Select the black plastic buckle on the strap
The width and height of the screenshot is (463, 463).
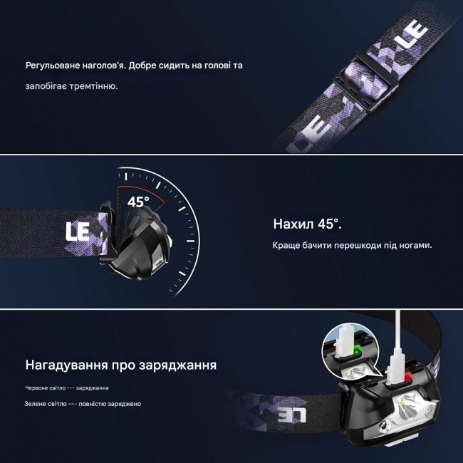[365, 80]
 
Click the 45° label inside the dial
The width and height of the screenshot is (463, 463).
[138, 202]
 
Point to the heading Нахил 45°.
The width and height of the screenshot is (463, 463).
[308, 224]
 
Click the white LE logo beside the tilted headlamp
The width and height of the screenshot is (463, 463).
[78, 231]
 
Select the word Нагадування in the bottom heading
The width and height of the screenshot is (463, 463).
[66, 365]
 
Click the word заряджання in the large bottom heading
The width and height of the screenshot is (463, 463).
[178, 365]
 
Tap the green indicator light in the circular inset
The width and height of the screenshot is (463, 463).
[358, 351]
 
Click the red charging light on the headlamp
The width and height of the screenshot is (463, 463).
[409, 378]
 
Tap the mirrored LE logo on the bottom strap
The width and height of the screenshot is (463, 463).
[292, 415]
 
